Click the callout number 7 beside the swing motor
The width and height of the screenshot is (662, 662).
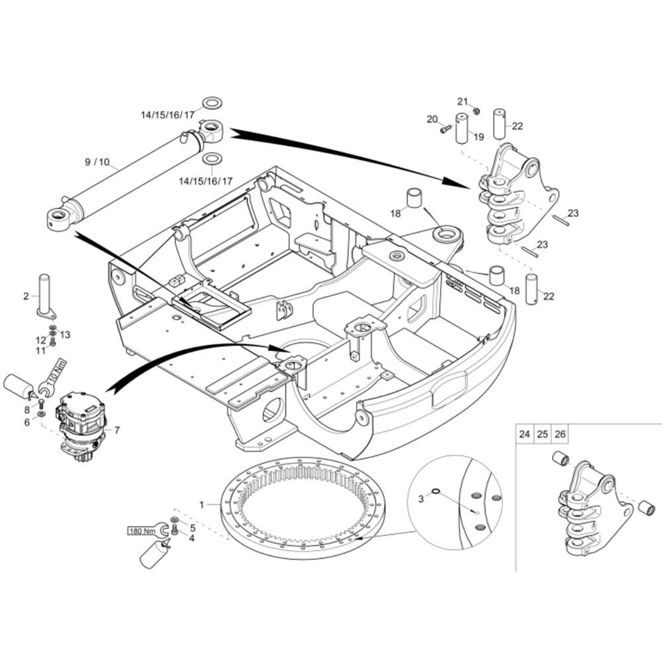(117, 430)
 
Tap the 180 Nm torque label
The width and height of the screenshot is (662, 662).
(142, 531)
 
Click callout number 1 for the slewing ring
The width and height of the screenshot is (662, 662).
(202, 504)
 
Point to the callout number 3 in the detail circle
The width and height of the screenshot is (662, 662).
(420, 499)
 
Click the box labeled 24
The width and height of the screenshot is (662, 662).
(524, 434)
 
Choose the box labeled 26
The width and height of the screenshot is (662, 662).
(560, 434)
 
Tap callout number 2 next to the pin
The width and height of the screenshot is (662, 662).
(26, 297)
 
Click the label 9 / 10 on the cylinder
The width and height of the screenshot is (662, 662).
(97, 162)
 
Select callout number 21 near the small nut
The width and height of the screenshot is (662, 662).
(463, 101)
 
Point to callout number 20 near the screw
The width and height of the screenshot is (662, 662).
(432, 119)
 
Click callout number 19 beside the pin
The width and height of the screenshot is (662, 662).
(479, 137)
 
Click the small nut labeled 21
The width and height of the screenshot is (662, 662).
(476, 111)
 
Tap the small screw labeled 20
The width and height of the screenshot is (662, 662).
(446, 130)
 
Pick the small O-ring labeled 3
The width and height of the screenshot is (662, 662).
(436, 491)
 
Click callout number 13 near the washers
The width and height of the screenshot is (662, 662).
(65, 335)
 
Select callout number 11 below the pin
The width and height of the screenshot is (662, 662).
(40, 351)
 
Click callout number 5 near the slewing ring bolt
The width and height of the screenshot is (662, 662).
(193, 528)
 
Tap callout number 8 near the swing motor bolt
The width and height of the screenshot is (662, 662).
(27, 410)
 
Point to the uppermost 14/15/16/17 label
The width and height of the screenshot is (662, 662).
(167, 115)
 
